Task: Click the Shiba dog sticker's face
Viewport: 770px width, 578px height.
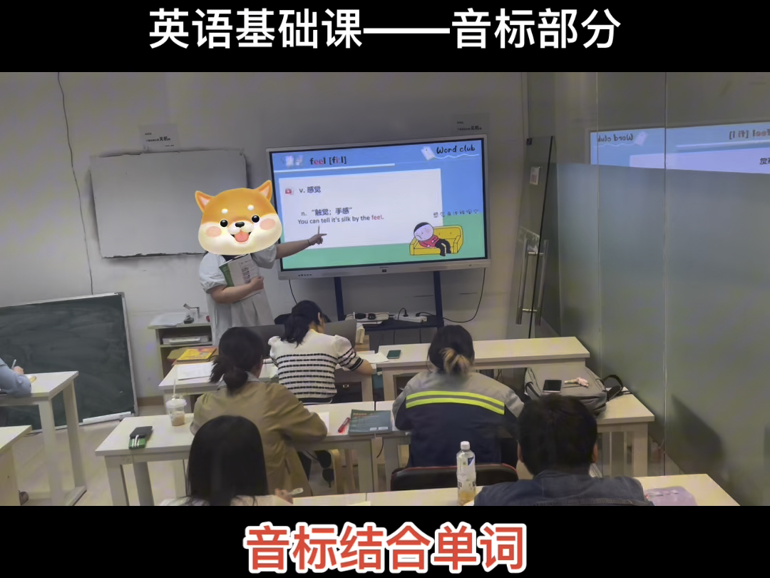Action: (x=234, y=218)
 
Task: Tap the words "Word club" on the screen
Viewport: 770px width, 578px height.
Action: (x=455, y=150)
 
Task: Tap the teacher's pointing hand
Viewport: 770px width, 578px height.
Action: (x=316, y=238)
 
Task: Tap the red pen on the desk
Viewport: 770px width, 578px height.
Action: (x=344, y=425)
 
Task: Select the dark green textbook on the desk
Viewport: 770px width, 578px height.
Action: (x=371, y=421)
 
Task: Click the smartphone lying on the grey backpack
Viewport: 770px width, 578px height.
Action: (x=553, y=385)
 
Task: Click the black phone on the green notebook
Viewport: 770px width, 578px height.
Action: (x=140, y=433)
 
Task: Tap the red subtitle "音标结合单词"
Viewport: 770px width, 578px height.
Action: (x=385, y=547)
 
